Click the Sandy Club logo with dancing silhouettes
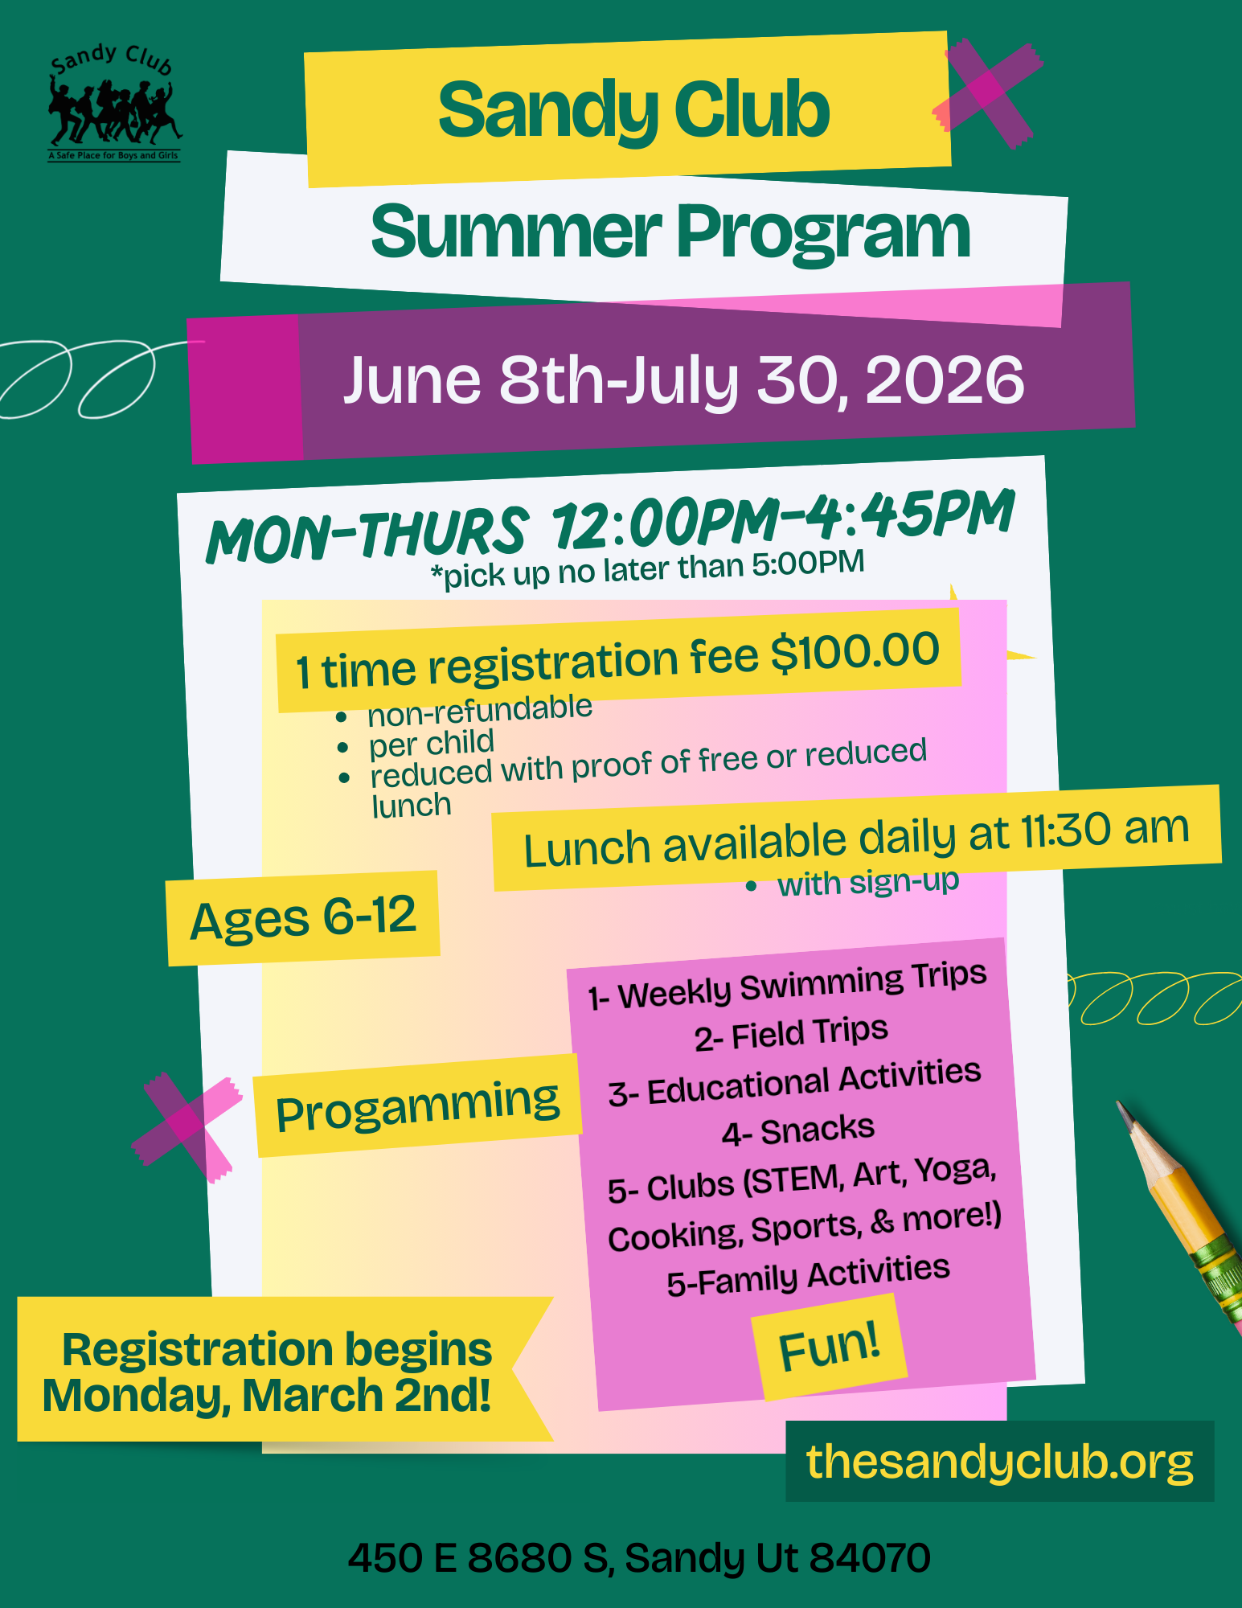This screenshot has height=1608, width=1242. point(113,104)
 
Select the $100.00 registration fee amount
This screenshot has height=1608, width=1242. point(855,651)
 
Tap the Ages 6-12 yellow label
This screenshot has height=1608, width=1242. point(302,917)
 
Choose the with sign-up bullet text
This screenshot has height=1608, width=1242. point(868,882)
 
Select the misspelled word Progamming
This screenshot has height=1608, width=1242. point(417,1105)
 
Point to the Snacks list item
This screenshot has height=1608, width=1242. point(797,1130)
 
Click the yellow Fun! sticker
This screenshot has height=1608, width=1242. point(830,1348)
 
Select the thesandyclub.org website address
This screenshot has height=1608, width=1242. point(999,1461)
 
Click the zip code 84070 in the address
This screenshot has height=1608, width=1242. point(870,1557)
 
